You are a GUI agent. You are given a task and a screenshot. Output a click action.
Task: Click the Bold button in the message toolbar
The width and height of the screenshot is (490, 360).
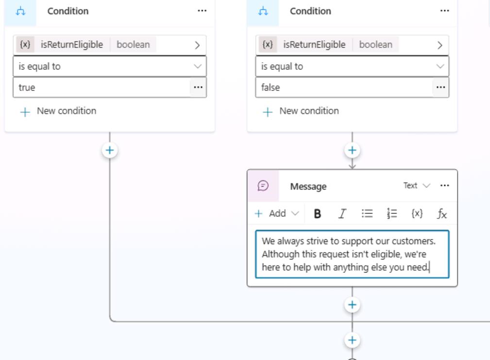(317, 213)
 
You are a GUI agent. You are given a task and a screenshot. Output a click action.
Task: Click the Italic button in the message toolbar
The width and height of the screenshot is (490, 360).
(342, 213)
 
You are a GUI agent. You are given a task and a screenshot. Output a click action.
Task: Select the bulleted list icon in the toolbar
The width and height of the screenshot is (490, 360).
(367, 213)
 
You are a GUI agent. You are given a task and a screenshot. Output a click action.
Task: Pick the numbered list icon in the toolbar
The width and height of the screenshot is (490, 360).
(392, 213)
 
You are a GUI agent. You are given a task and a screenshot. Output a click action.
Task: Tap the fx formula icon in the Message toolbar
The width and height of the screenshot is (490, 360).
(442, 213)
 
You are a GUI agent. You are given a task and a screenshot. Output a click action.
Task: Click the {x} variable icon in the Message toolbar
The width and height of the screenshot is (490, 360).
(417, 213)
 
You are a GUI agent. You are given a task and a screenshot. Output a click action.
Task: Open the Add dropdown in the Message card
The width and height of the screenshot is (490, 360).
(277, 213)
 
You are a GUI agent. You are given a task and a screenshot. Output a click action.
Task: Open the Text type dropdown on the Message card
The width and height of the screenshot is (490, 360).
(417, 186)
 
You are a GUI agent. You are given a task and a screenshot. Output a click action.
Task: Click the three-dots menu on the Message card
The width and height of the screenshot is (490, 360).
(444, 186)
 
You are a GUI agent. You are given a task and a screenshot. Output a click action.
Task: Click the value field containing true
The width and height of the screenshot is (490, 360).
(101, 87)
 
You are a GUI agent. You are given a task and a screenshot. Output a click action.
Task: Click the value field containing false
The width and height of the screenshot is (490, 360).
(344, 87)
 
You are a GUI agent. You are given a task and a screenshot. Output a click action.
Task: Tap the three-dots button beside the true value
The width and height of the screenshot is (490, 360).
(198, 87)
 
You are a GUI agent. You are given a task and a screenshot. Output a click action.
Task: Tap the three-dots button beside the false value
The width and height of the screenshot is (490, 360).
(440, 87)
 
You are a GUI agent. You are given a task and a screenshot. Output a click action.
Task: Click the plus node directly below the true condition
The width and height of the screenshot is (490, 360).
(110, 150)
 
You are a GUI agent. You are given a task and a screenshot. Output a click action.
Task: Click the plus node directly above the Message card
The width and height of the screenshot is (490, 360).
(352, 150)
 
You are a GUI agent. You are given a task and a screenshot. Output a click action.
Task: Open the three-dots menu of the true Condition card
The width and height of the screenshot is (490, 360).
(202, 11)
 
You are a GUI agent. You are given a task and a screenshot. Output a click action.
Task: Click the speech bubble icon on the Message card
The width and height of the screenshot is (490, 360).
(263, 186)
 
